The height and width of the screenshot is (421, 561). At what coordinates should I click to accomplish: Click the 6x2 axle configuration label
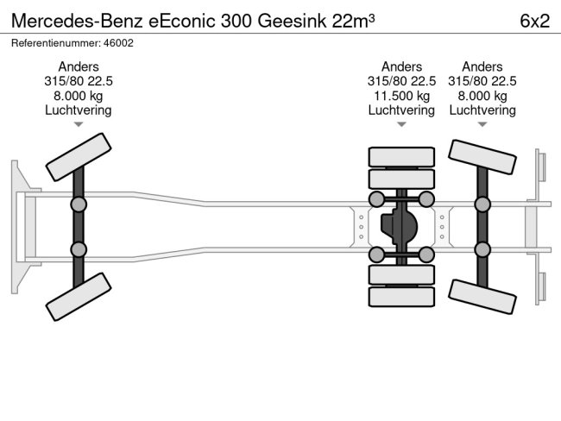(534, 21)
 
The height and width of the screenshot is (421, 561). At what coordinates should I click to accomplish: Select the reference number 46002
(118, 42)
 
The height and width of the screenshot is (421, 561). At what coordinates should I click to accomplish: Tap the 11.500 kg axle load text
(401, 96)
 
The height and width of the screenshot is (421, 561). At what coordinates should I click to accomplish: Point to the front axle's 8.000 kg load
(78, 96)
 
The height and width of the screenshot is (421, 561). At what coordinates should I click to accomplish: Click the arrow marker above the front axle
(79, 124)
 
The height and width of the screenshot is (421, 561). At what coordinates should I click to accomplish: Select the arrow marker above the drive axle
(401, 124)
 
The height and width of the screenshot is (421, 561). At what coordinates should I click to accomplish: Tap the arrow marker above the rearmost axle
(482, 124)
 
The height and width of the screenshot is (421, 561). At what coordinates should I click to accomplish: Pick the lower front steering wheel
(79, 298)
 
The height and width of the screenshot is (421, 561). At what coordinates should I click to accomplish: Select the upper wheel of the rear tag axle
(482, 160)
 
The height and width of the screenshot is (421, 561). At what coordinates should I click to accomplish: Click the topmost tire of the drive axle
(401, 157)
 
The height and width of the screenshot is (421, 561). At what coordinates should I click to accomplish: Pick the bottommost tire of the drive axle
(401, 296)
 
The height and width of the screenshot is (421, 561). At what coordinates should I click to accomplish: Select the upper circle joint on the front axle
(79, 204)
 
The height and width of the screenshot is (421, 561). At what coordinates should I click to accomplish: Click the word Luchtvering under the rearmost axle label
(482, 110)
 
